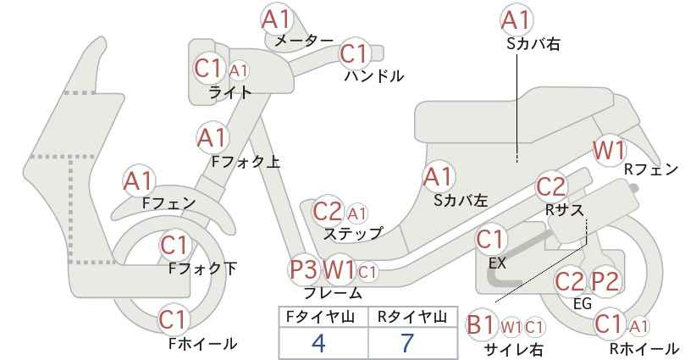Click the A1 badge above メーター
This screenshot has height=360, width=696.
click(x=276, y=19)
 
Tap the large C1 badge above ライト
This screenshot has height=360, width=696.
click(x=208, y=69)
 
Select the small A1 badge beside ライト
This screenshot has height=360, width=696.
click(x=239, y=70)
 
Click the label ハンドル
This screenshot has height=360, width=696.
click(x=374, y=76)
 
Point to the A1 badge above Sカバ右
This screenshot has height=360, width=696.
click(x=516, y=19)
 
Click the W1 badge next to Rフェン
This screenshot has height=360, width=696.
click(x=609, y=151)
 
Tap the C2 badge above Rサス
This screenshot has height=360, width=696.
click(x=551, y=187)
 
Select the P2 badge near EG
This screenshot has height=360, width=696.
click(x=605, y=281)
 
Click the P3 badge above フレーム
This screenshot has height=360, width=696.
click(x=304, y=269)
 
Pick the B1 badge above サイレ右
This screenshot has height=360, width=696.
click(x=481, y=325)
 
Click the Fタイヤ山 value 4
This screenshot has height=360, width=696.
click(x=318, y=342)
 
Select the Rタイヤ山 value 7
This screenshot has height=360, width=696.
click(x=407, y=342)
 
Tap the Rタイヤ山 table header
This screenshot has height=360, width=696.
click(x=412, y=317)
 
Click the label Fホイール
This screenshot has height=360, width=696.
click(x=203, y=343)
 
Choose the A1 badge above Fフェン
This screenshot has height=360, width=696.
click(x=139, y=181)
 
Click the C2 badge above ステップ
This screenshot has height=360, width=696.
click(x=327, y=212)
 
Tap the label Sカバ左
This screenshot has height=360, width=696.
click(x=461, y=201)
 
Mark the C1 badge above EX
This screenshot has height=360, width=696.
click(x=491, y=240)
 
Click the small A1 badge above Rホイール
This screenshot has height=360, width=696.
click(x=639, y=327)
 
